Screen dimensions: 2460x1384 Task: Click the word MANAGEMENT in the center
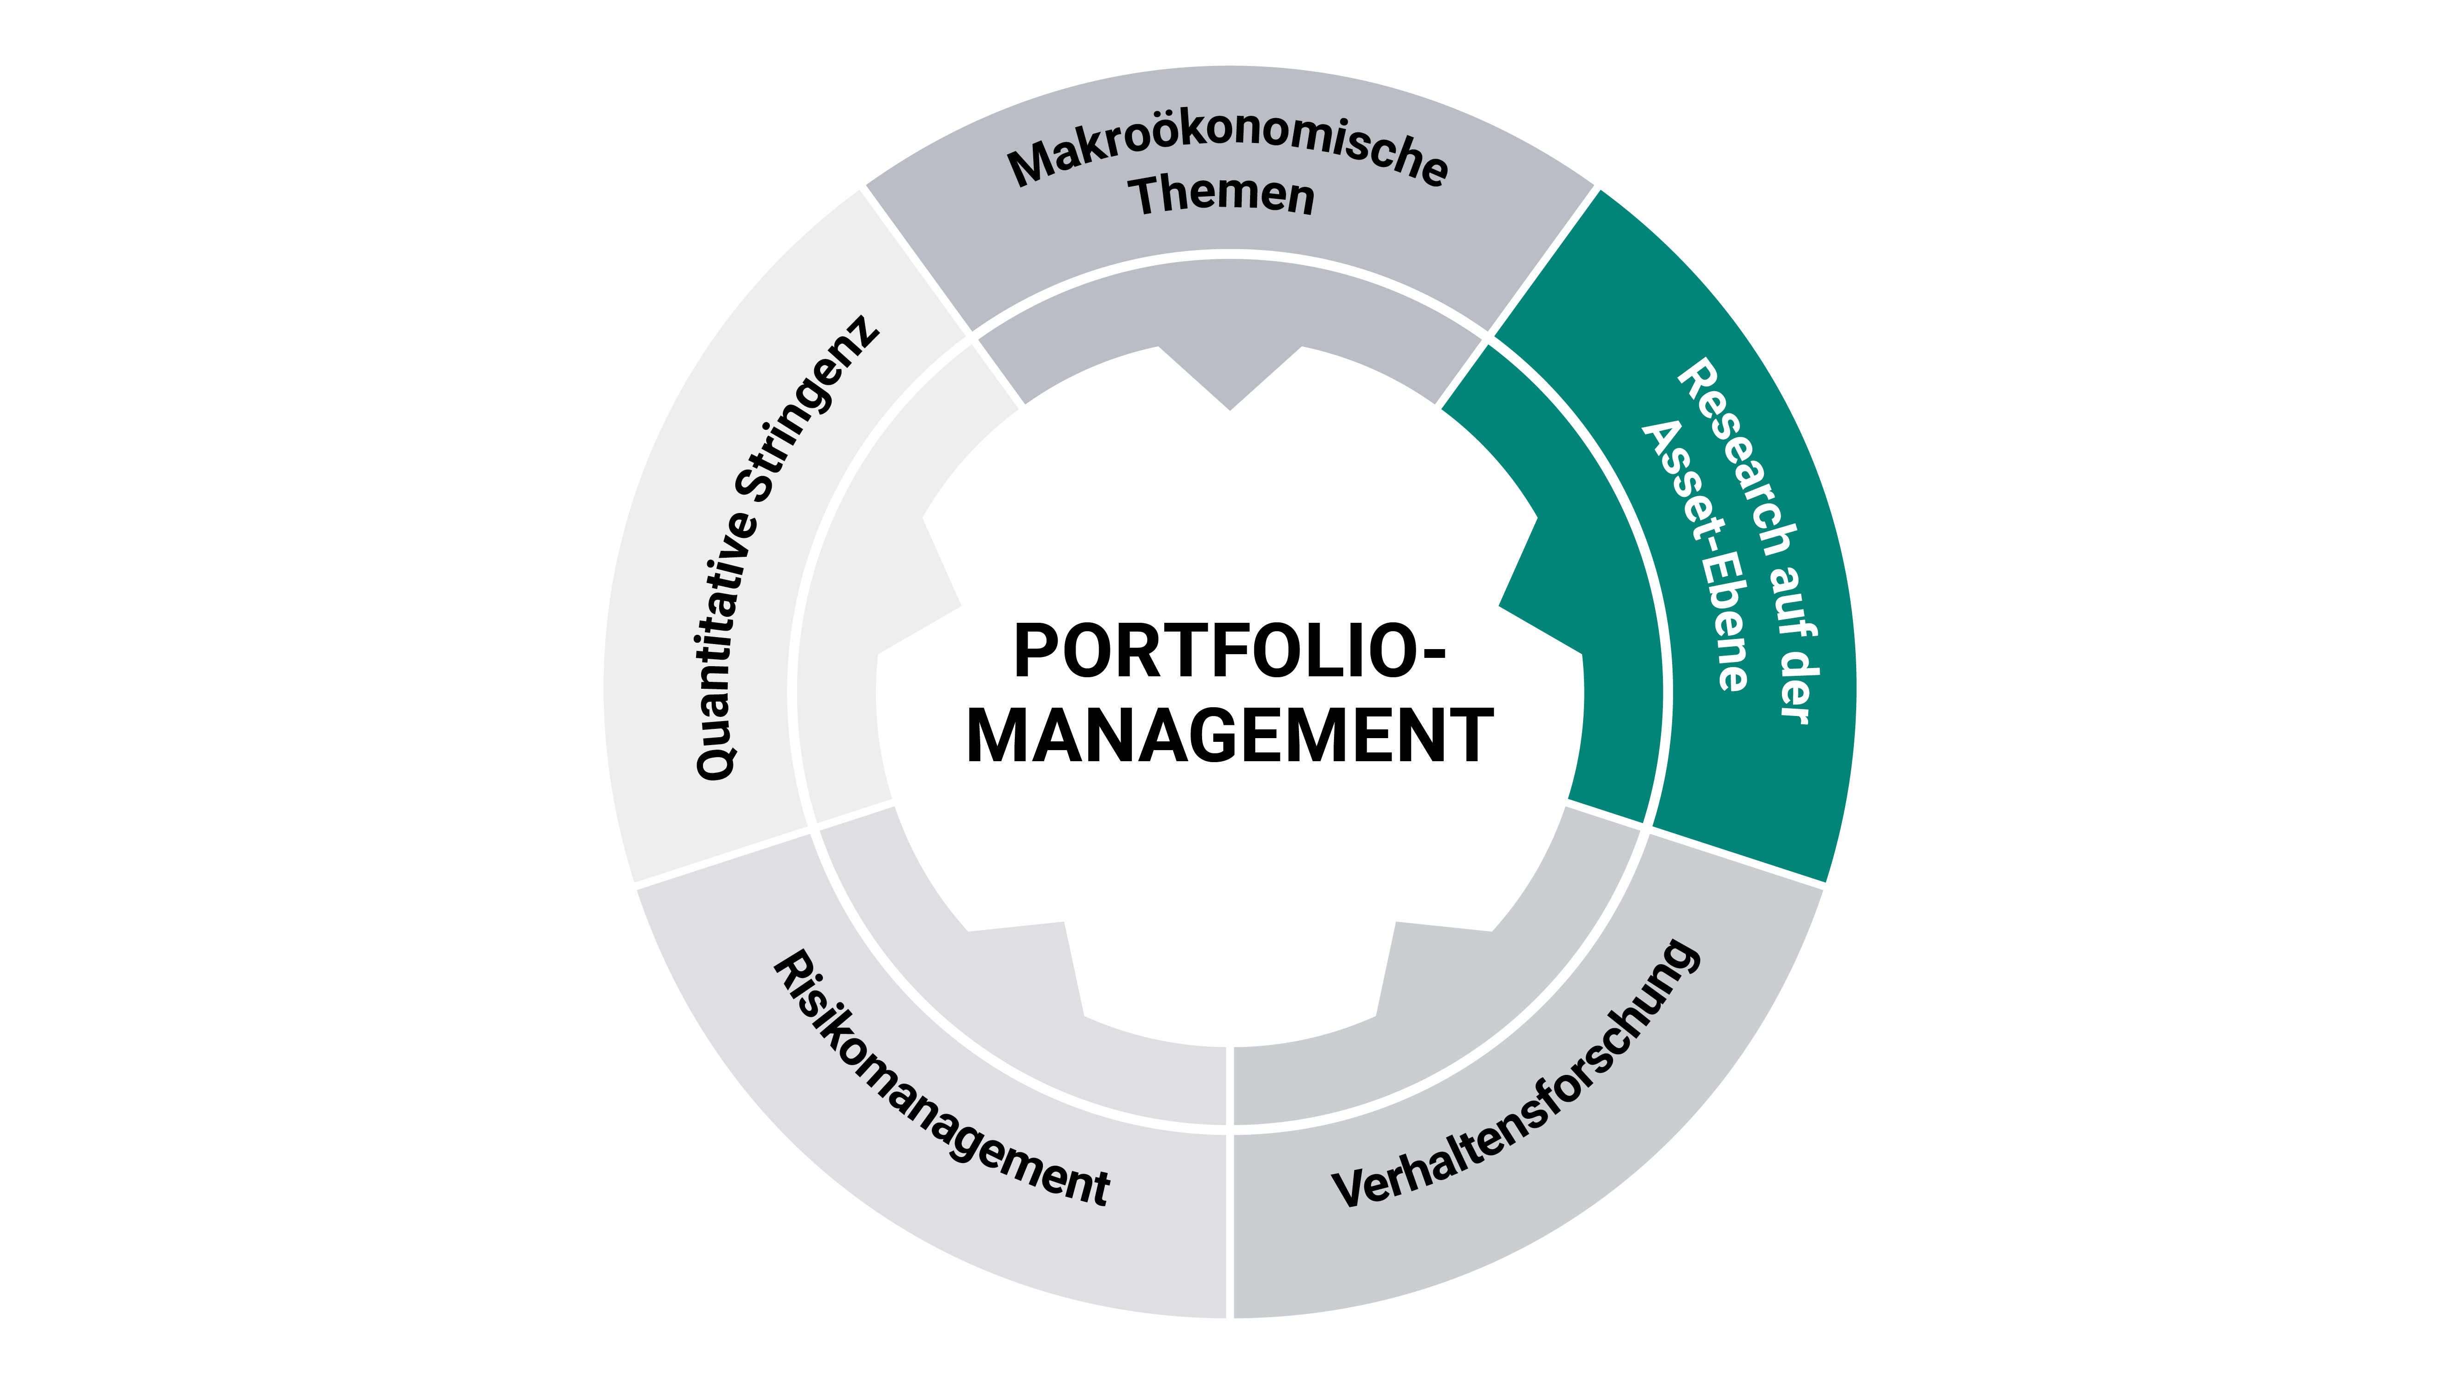tap(1230, 736)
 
